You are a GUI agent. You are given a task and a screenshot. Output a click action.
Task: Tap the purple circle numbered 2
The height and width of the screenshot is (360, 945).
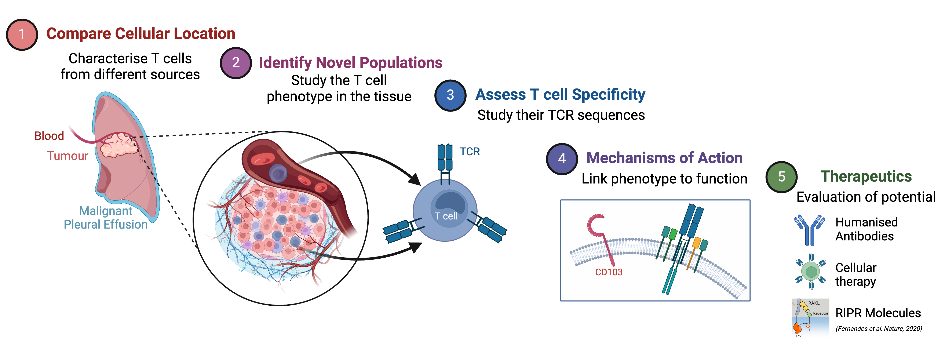coord(236,63)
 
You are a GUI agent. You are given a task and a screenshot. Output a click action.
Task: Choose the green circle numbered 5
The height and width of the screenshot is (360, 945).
coord(781,177)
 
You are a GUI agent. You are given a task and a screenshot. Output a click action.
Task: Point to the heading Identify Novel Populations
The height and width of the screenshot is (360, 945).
coord(350,63)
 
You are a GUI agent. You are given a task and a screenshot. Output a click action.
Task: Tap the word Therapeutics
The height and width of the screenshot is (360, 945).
coord(866,177)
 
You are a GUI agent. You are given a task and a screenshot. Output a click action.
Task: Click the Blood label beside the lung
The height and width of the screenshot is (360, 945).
coord(49,136)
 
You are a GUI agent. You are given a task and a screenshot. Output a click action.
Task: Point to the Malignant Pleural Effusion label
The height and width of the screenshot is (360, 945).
coord(106,218)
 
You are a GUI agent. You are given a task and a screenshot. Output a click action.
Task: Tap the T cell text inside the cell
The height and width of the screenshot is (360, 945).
coord(446,216)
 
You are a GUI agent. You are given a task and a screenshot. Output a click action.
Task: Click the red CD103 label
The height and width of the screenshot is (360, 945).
coord(609,272)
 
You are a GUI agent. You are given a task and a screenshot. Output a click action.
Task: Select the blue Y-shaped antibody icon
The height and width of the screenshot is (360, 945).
coord(809,230)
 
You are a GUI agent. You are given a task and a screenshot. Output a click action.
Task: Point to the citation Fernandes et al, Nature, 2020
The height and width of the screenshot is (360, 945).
coord(879,328)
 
